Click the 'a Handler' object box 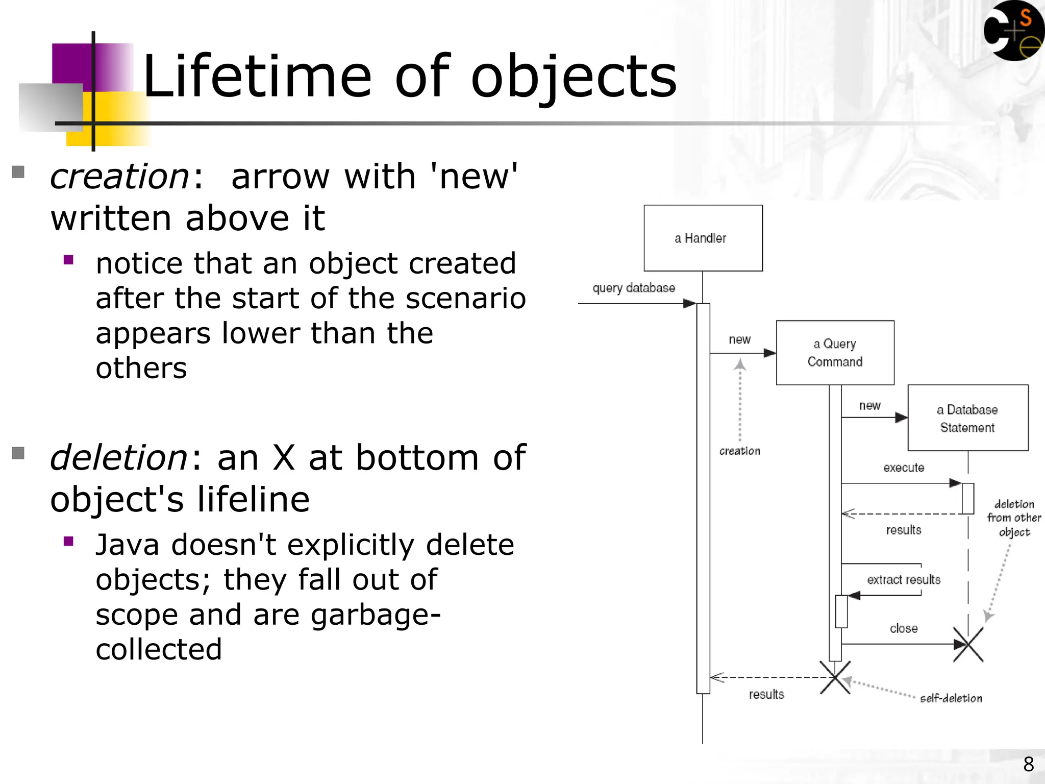703,238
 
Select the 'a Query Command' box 835,353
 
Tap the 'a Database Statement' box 967,418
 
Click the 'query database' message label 633,288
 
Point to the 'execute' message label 903,468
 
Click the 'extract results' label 903,579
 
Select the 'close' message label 903,628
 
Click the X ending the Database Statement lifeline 968,645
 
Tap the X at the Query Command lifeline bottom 835,677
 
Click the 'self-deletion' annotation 951,698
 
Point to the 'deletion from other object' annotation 1014,518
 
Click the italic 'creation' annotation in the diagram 739,451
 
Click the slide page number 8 1028,764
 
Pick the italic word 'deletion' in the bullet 119,457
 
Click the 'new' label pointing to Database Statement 869,406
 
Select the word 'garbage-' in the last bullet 375,615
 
